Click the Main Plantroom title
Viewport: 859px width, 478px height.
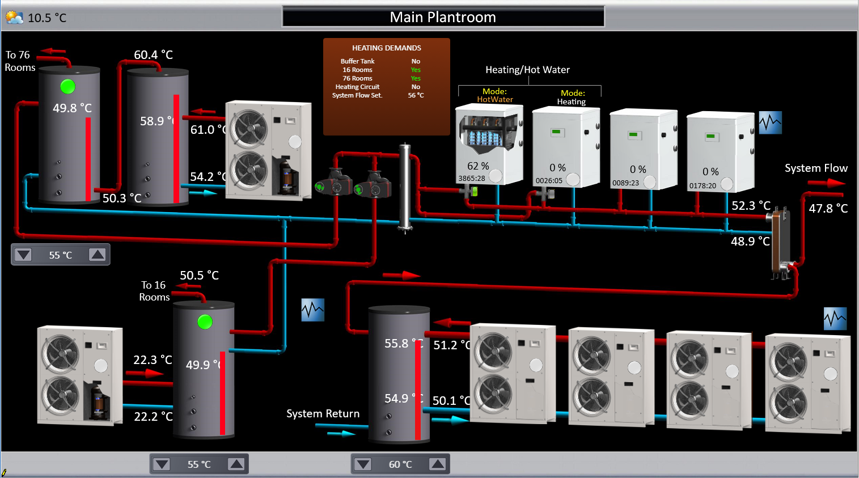pos(443,18)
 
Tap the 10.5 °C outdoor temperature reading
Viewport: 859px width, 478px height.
pos(47,18)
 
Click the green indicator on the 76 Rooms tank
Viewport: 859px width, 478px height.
pos(68,87)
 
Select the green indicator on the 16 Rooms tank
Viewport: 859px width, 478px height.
pos(205,322)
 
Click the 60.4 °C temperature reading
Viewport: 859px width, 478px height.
pos(153,55)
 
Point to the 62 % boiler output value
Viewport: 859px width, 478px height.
pos(478,166)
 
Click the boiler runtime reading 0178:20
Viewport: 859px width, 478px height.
pos(703,185)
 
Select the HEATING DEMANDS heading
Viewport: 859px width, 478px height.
pos(387,48)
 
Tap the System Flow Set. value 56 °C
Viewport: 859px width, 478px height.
pos(416,95)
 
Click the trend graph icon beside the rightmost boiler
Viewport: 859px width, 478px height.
pos(771,122)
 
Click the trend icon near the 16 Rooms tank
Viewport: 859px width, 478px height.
pos(313,310)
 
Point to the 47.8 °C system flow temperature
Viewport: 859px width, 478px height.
pos(828,209)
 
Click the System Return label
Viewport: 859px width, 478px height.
pos(323,414)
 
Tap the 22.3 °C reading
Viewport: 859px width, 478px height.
pos(153,360)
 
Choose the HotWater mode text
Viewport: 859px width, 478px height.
pos(495,99)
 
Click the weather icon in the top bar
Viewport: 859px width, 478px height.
pos(15,18)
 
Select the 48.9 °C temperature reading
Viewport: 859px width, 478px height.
pos(750,242)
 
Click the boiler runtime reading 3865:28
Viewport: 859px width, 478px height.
pos(472,178)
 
